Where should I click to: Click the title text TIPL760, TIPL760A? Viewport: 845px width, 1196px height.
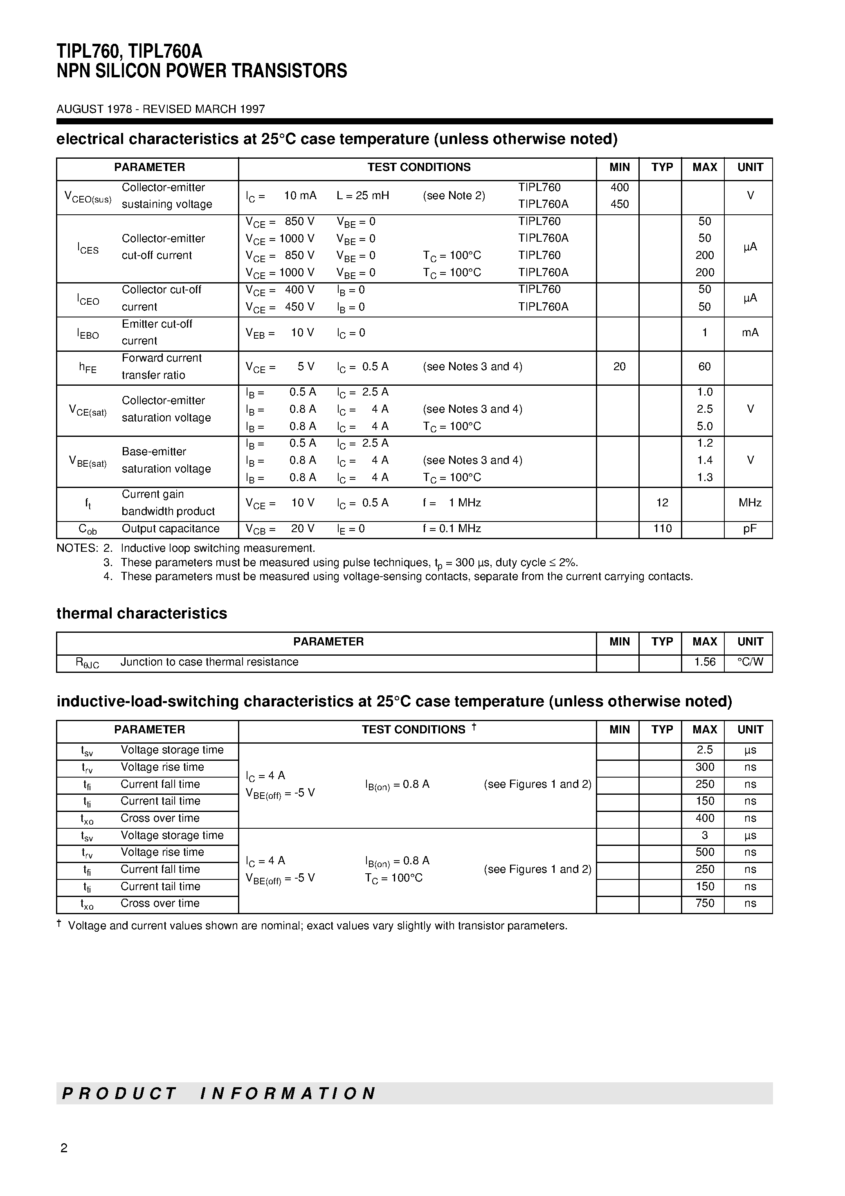tap(129, 51)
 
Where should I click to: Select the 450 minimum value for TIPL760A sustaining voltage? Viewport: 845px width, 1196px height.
tap(619, 204)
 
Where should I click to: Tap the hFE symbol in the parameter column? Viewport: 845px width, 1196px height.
tap(88, 367)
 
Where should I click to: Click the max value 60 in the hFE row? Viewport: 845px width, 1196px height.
tap(704, 367)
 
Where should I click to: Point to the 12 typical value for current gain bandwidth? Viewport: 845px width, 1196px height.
tap(662, 503)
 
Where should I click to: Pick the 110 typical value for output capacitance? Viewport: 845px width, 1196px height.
tap(662, 529)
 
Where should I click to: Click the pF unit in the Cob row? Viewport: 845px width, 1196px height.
tap(750, 529)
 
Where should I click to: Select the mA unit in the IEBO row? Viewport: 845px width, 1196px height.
tap(750, 333)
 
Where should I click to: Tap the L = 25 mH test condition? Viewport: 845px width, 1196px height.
tap(363, 196)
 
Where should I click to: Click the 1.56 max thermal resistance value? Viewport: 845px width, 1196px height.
tap(704, 662)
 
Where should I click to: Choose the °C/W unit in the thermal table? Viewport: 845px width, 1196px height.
tap(750, 662)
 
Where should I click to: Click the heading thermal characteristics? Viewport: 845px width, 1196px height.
tap(142, 614)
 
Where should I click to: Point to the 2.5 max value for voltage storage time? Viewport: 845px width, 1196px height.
tap(704, 750)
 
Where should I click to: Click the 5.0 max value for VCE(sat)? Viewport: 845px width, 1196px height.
tap(704, 426)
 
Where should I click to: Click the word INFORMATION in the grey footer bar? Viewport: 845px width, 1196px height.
tap(288, 1093)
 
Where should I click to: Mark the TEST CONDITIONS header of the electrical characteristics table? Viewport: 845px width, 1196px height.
tap(418, 167)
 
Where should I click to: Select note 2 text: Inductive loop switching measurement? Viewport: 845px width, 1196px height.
tap(218, 548)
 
